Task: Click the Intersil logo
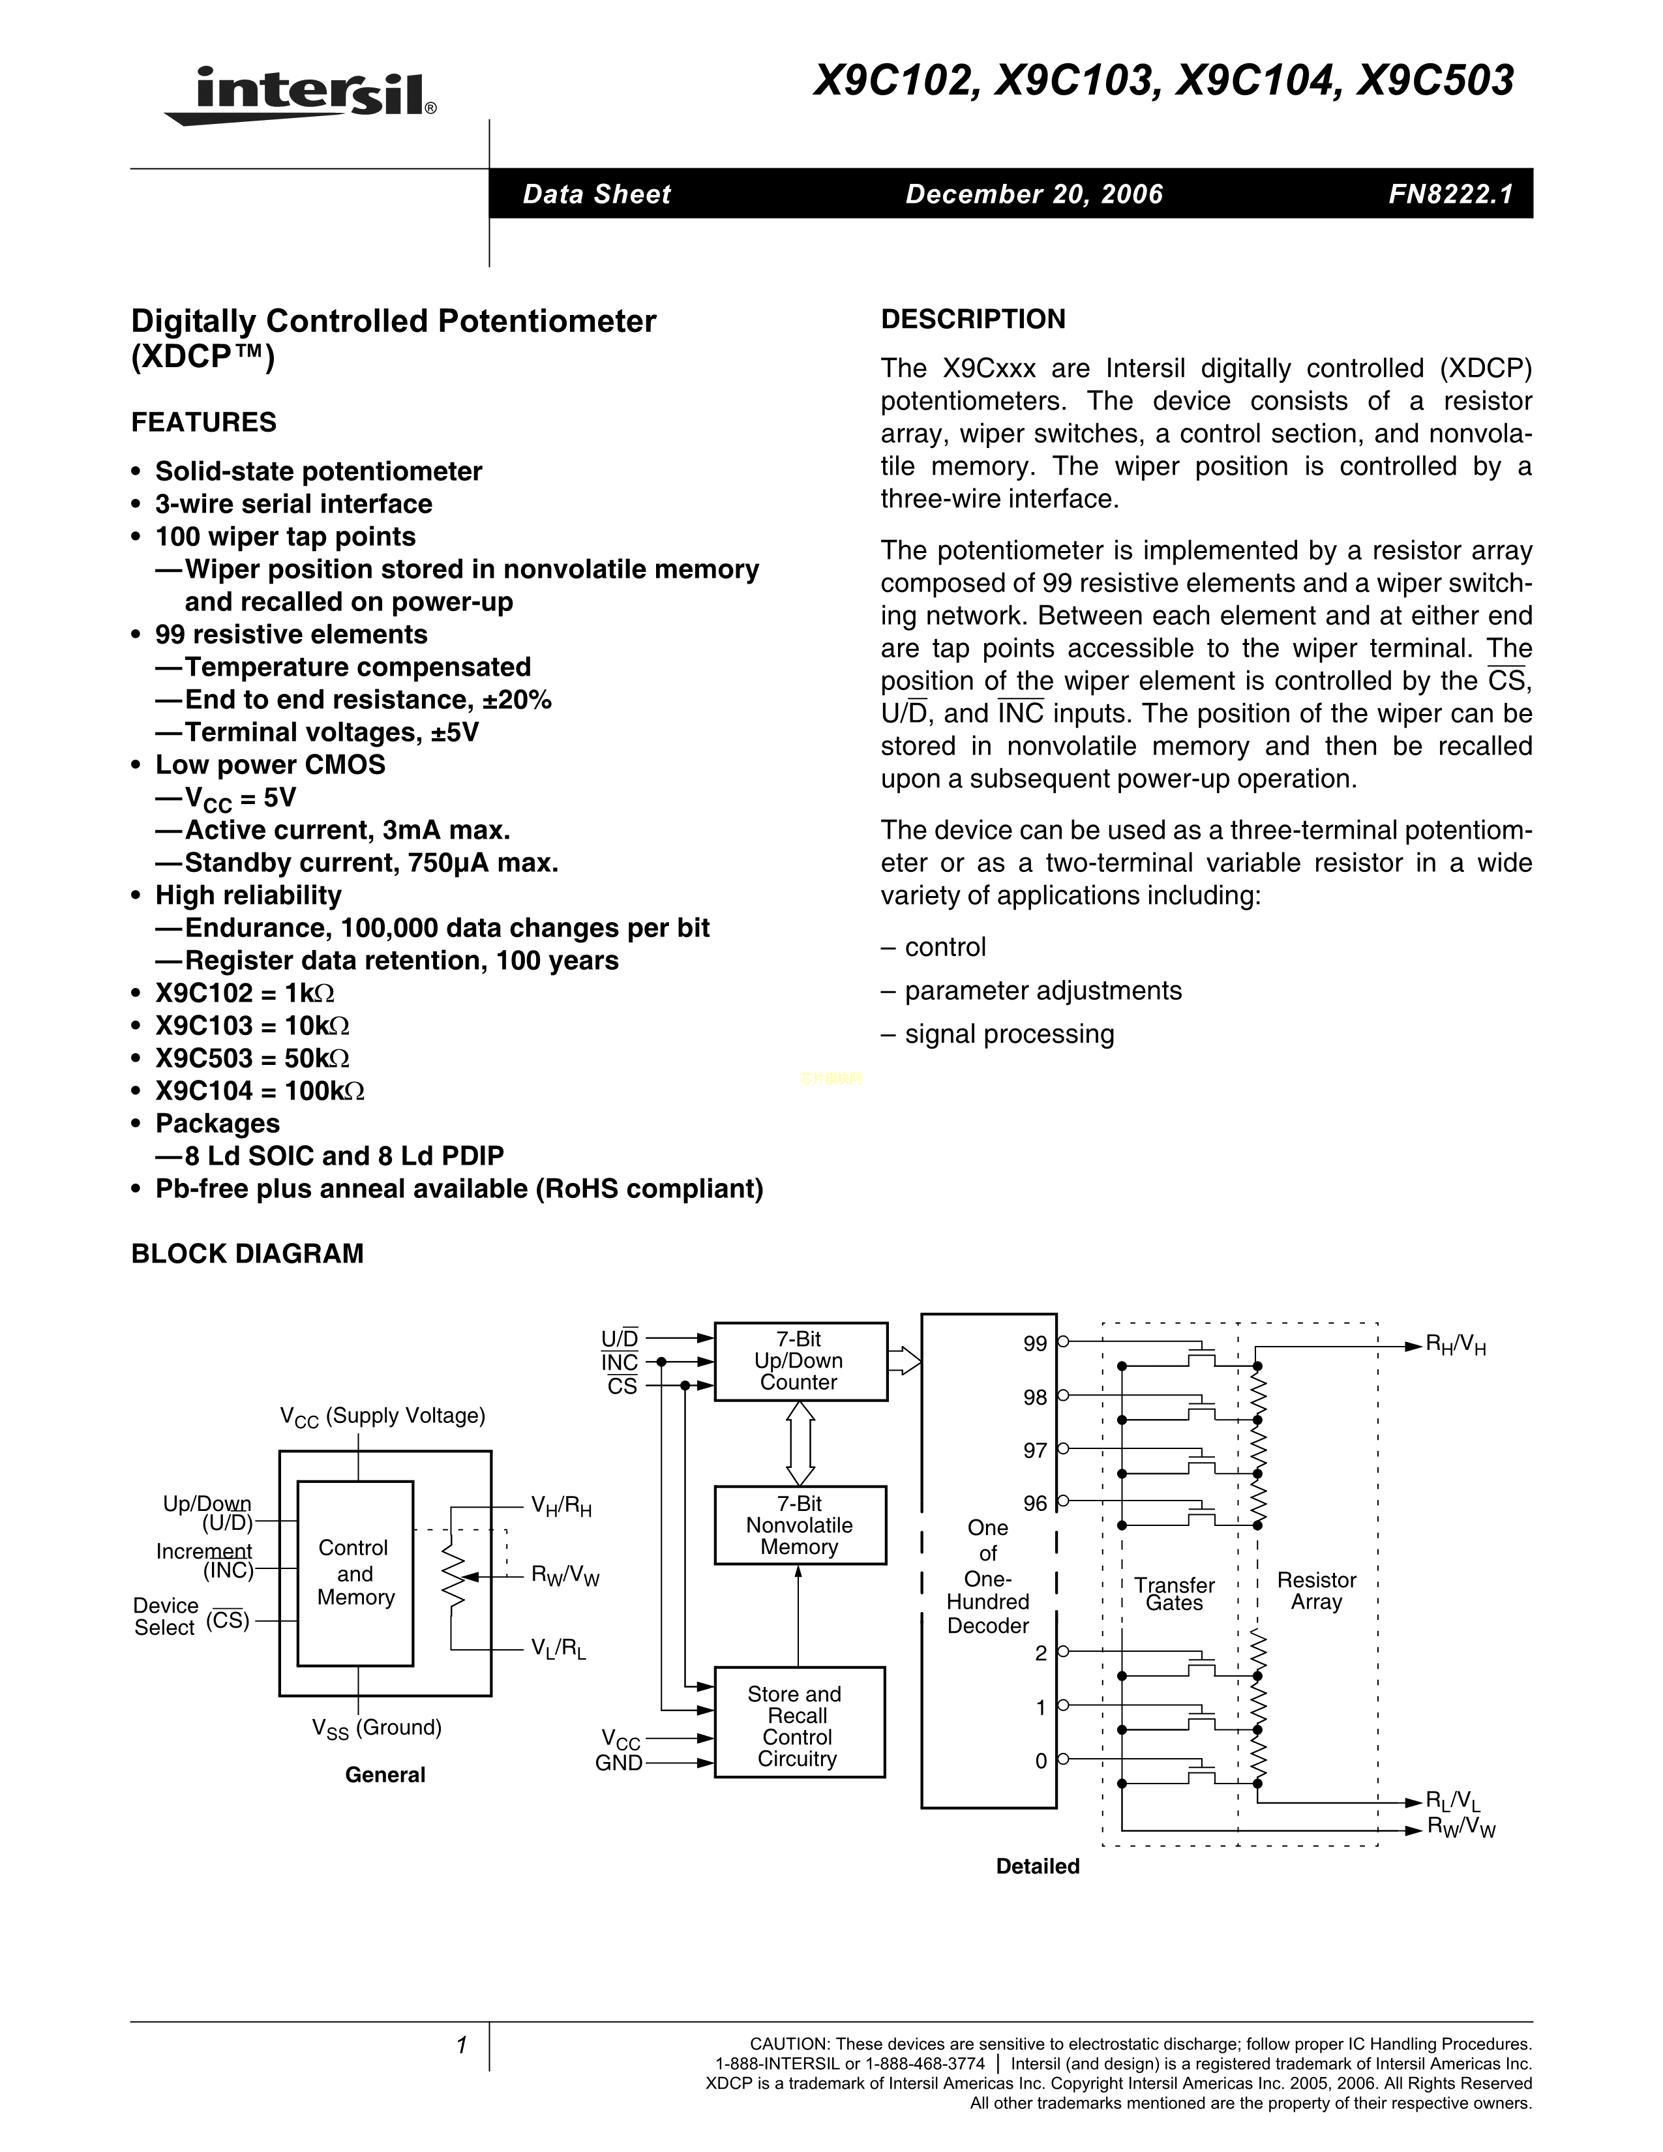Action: tap(301, 96)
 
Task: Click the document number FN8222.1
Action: tap(1450, 194)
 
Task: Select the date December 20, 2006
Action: tap(1034, 194)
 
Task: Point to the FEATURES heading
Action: tap(204, 423)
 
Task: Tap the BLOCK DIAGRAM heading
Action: tap(247, 1253)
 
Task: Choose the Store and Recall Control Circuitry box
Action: tap(798, 1726)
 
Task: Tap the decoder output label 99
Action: tap(1034, 1344)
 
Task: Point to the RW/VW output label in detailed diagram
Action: tap(1461, 1828)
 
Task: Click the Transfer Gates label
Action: tap(1175, 1593)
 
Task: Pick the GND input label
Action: tap(619, 1763)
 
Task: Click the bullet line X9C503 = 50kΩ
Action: tap(252, 1058)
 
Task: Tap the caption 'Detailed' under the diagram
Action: tap(1038, 1866)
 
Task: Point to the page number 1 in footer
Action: tap(460, 2046)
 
